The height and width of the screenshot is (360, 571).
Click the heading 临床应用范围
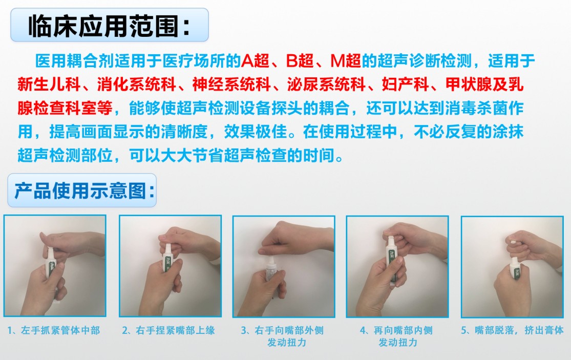pyautogui.click(x=109, y=26)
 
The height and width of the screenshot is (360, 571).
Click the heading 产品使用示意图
pyautogui.click(x=84, y=190)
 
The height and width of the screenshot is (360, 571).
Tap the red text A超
pyautogui.click(x=255, y=61)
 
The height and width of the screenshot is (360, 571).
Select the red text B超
pyautogui.click(x=300, y=61)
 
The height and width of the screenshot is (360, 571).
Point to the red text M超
pyautogui.click(x=345, y=61)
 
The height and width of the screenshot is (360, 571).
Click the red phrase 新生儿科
pyautogui.click(x=49, y=84)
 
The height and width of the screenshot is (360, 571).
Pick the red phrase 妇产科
pyautogui.click(x=405, y=84)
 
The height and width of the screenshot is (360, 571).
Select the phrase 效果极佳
pyautogui.click(x=255, y=132)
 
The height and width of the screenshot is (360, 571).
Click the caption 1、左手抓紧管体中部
pyautogui.click(x=54, y=330)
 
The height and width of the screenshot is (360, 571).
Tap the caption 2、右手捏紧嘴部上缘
pyautogui.click(x=168, y=330)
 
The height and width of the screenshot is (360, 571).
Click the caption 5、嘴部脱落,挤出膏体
pyautogui.click(x=513, y=330)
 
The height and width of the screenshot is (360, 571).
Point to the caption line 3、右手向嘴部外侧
pyautogui.click(x=282, y=330)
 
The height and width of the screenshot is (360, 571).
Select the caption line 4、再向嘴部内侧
pyautogui.click(x=396, y=330)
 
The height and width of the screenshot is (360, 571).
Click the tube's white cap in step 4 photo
pyautogui.click(x=390, y=241)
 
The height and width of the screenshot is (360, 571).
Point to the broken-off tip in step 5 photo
pyautogui.click(x=510, y=241)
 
